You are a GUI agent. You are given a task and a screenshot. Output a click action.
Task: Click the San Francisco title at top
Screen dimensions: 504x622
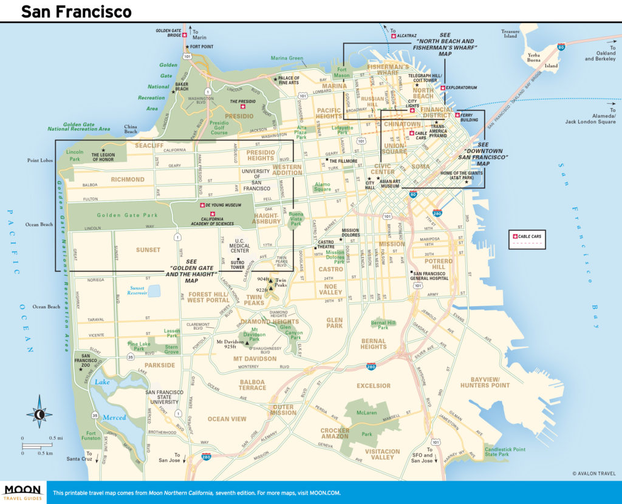pos(76,11)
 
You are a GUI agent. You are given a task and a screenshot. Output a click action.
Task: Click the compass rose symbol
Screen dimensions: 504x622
pos(39,415)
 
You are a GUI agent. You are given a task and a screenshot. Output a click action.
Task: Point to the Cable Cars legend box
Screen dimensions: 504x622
pos(527,239)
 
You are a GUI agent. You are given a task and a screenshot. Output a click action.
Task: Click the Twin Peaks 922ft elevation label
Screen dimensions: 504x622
pos(262,290)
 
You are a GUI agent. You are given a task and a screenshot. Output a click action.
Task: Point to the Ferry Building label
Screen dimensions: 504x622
pos(470,118)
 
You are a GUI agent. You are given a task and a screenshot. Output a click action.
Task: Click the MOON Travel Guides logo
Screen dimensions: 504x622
pos(22,491)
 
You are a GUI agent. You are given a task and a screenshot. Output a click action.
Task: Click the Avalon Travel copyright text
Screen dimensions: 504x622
pos(593,474)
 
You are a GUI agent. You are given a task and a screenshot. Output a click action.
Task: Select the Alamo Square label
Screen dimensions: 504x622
pos(323,186)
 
